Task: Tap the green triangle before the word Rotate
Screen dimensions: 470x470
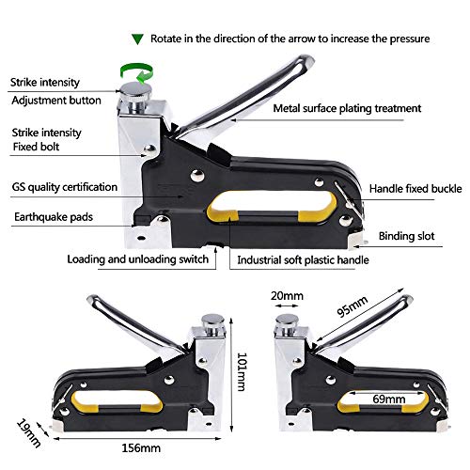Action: pyautogui.click(x=137, y=39)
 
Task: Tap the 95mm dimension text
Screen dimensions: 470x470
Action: pyautogui.click(x=352, y=310)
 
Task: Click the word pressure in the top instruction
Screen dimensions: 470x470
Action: pyautogui.click(x=406, y=39)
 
